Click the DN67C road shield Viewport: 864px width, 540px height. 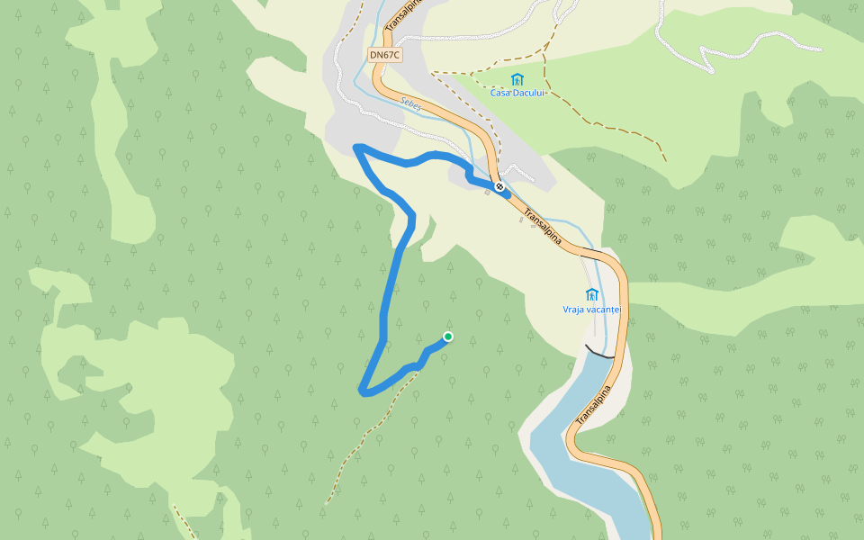[385, 55]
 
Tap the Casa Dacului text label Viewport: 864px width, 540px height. [517, 93]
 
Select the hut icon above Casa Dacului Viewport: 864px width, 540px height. [517, 79]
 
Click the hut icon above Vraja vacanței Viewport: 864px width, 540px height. [592, 294]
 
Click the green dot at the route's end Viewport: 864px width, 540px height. [448, 337]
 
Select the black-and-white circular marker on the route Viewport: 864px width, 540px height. [499, 187]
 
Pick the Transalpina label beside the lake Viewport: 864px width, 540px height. [593, 406]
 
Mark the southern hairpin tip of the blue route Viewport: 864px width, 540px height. [364, 391]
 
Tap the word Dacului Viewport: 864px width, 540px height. [532, 93]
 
